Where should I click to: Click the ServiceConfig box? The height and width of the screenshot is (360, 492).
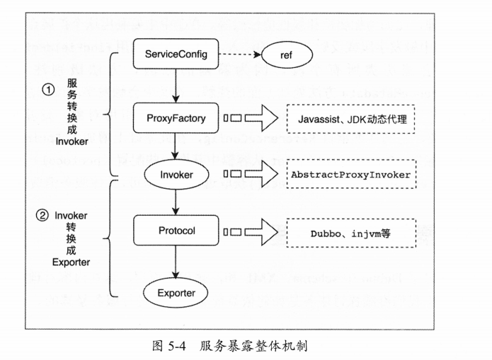[176, 54]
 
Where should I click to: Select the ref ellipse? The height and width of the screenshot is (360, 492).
[287, 55]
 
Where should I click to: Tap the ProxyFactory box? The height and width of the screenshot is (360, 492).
[176, 118]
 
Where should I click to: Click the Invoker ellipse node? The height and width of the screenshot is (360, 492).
[176, 175]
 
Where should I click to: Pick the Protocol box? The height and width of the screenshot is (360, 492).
[176, 231]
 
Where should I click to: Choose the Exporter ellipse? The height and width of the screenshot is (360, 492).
[176, 293]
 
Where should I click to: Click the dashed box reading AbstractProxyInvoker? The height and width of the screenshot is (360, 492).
[351, 174]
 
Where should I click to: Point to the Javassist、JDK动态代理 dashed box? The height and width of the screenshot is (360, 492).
[351, 119]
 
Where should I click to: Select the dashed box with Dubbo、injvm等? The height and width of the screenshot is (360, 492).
[351, 233]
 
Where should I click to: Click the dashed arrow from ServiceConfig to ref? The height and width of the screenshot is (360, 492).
[240, 54]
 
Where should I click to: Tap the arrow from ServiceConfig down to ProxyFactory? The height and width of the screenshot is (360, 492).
[176, 86]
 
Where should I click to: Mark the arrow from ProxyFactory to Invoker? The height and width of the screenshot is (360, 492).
[176, 146]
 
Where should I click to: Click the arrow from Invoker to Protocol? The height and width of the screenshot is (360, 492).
[176, 202]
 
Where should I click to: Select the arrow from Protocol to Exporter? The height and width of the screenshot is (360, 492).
[176, 262]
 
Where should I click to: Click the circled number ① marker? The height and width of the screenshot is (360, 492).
[48, 90]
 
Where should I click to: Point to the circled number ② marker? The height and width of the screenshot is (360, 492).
[42, 216]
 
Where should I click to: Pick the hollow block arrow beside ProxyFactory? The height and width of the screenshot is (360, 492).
[261, 118]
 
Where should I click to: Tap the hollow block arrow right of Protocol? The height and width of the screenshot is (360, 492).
[261, 232]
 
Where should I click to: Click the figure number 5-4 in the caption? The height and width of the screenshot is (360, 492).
[177, 346]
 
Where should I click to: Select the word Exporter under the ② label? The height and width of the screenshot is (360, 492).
[71, 262]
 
